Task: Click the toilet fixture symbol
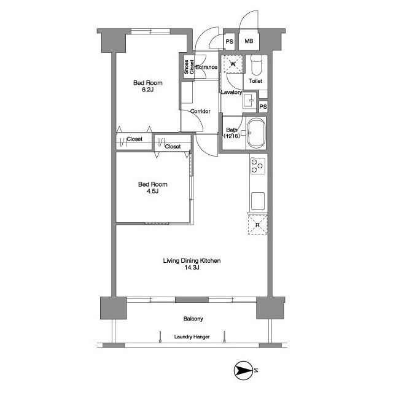[x=256, y=66]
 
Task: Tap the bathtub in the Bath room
[x=256, y=133]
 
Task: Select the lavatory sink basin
[x=250, y=101]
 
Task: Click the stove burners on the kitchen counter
[x=258, y=166]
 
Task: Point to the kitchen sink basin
[x=258, y=201]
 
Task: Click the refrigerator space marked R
[x=258, y=225]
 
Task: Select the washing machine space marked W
[x=233, y=64]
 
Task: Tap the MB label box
[x=249, y=41]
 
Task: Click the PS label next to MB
[x=229, y=41]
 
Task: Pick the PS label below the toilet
[x=263, y=107]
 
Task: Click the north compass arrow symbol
[x=243, y=370]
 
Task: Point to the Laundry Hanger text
[x=192, y=337]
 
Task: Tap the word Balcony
[x=193, y=319]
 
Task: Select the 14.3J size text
[x=192, y=268]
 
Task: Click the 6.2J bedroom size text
[x=147, y=90]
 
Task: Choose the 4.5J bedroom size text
[x=152, y=191]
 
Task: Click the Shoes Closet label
[x=189, y=67]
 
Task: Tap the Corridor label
[x=200, y=111]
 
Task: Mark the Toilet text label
[x=255, y=81]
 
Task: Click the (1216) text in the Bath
[x=232, y=136]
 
